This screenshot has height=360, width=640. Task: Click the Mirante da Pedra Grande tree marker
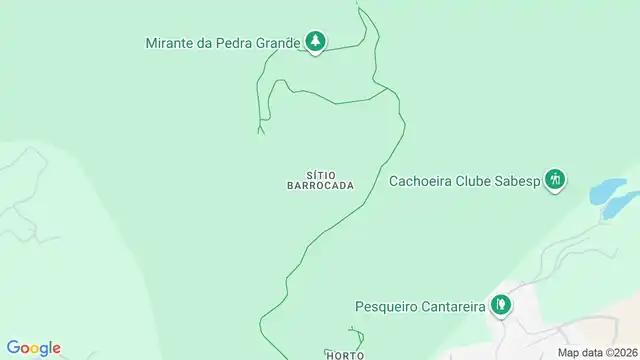pos(316,41)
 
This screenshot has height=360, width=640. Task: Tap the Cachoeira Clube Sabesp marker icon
pos(556,180)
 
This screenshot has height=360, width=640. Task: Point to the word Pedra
pos(236,43)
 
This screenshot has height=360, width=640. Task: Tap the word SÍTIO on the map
pos(321,174)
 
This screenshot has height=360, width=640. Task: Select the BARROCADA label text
pos(321,186)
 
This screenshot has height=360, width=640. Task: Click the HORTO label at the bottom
pos(343,355)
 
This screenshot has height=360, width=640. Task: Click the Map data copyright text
pos(596,352)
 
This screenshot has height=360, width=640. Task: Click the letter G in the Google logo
pos(12,347)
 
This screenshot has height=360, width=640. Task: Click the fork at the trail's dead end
pos(261,126)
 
